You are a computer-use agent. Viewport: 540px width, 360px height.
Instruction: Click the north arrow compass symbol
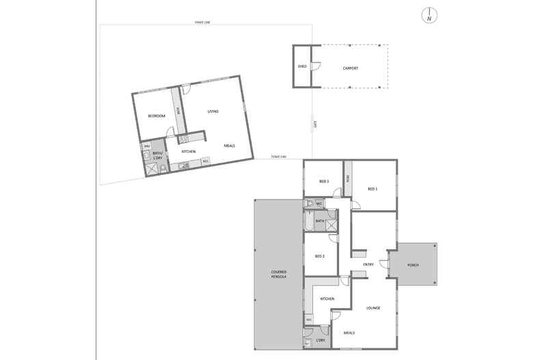click(x=429, y=15)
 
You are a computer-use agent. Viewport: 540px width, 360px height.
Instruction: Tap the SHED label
click(x=302, y=67)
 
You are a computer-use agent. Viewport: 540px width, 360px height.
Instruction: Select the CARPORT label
click(x=351, y=68)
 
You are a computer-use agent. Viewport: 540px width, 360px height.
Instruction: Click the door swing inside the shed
click(x=316, y=66)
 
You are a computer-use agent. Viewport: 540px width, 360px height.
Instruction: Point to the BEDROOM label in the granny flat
click(x=157, y=116)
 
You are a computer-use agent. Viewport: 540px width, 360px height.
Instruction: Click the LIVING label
click(x=213, y=111)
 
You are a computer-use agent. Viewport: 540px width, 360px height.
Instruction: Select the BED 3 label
click(x=324, y=181)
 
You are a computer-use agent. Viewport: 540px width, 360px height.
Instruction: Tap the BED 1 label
click(x=373, y=189)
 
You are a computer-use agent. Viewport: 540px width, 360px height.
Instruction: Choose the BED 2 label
click(x=319, y=256)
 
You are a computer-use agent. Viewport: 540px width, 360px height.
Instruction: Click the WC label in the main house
click(x=319, y=204)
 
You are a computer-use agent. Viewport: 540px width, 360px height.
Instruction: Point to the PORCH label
click(x=413, y=264)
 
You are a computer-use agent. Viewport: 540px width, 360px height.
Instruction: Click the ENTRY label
click(x=368, y=264)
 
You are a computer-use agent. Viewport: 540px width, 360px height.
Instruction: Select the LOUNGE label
click(x=373, y=308)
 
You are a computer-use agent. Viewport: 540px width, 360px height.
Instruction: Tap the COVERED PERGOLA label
click(x=278, y=275)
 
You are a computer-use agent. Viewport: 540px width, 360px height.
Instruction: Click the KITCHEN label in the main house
click(x=327, y=299)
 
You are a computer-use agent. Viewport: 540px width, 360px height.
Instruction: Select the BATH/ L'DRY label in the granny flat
click(x=157, y=154)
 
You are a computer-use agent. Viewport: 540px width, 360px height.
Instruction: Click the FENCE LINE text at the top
click(x=202, y=23)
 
